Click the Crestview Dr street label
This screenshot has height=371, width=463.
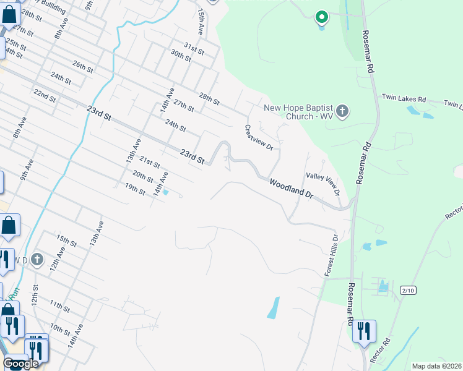point(259,138)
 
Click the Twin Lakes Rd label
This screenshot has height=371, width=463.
point(404,98)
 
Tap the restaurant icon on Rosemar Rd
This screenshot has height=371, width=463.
point(363,331)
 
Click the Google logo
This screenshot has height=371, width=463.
point(20,364)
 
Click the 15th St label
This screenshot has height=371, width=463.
point(66,241)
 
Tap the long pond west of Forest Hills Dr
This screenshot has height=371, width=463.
point(273,307)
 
